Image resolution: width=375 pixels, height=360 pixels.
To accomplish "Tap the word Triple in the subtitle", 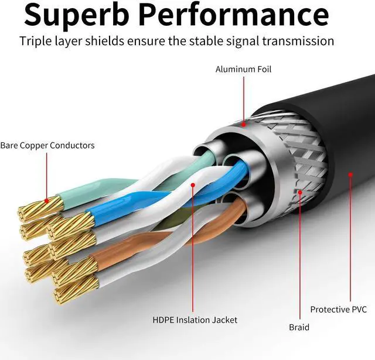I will click(37, 42).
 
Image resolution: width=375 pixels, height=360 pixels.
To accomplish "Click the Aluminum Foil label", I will click(243, 70).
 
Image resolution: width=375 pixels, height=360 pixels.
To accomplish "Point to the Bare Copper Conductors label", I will click(47, 146).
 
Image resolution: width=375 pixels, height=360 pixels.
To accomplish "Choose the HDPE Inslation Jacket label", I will click(195, 320).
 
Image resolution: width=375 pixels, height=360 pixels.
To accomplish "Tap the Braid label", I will click(299, 328).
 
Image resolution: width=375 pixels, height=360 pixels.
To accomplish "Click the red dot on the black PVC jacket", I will click(350, 174).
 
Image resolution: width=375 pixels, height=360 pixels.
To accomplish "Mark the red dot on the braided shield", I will click(299, 191).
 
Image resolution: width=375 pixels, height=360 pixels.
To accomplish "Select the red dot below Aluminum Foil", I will click(243, 122).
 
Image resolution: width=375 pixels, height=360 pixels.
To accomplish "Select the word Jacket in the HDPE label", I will click(224, 320).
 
